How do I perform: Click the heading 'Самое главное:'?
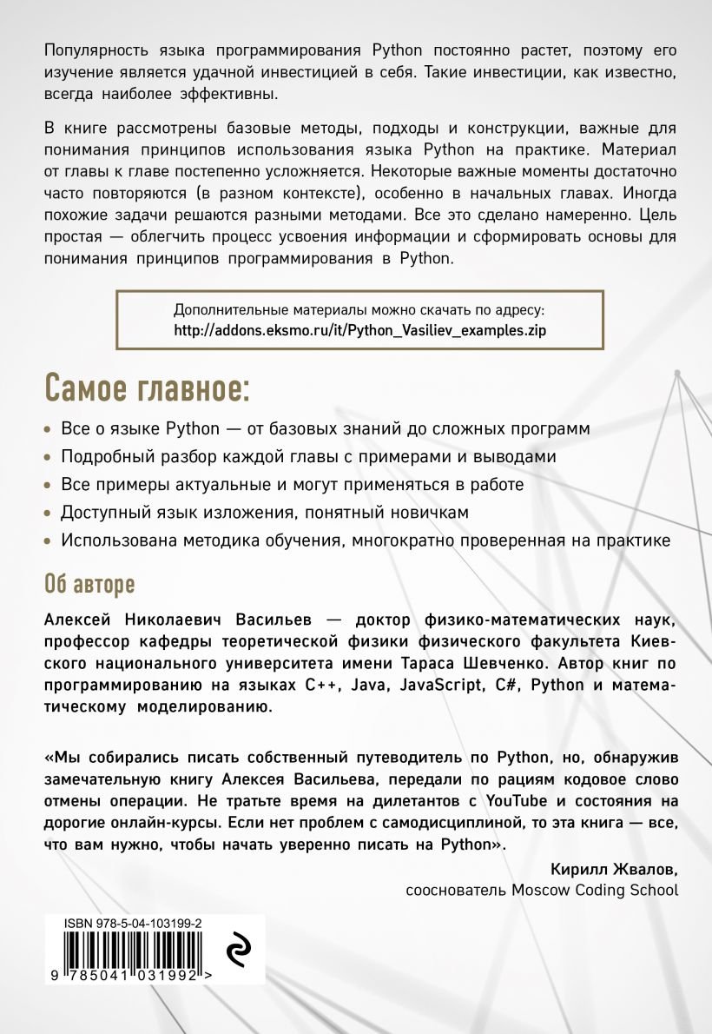146,389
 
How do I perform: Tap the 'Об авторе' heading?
89,584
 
